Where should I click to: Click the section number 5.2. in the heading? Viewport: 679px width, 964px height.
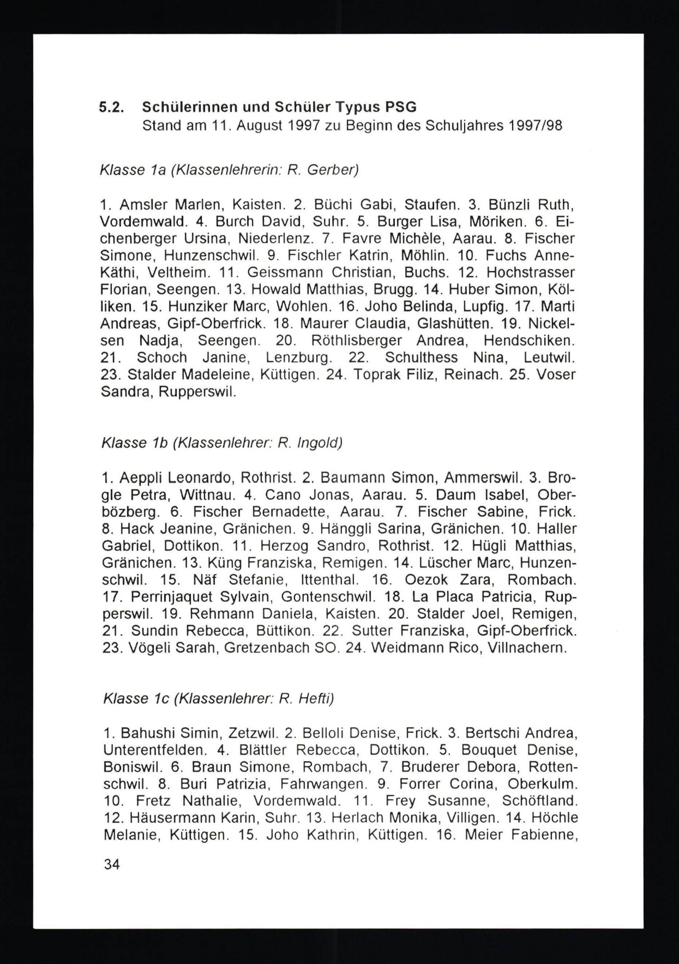tap(111, 108)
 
